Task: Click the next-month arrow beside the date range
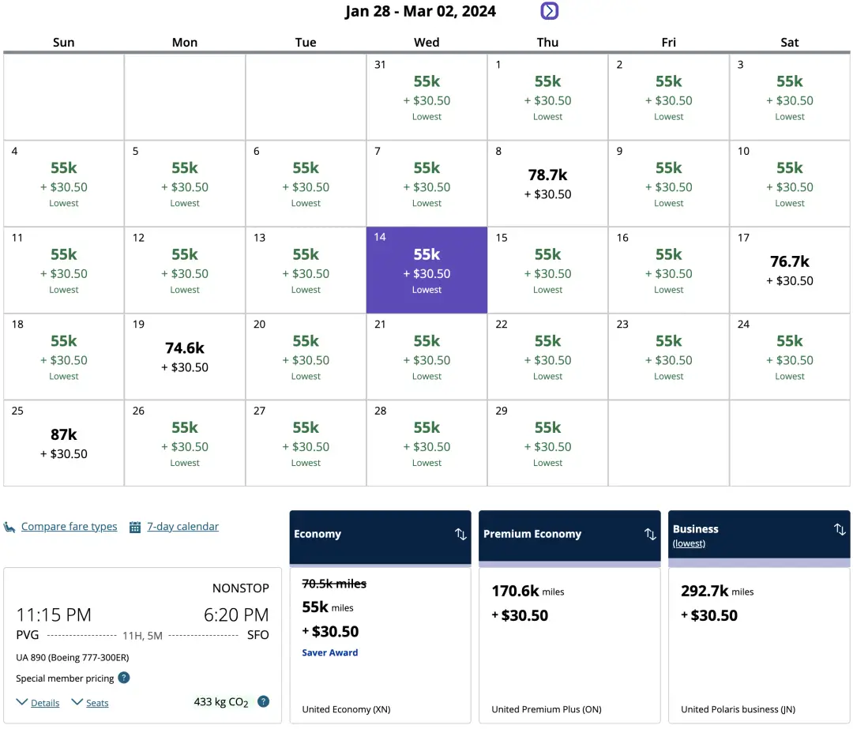click(x=550, y=11)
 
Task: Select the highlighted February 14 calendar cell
click(x=426, y=270)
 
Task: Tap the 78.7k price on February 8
click(x=547, y=175)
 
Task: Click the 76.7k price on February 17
click(x=790, y=261)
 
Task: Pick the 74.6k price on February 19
click(x=185, y=348)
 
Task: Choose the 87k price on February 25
click(x=64, y=434)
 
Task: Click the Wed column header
click(x=426, y=43)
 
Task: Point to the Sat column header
click(x=790, y=43)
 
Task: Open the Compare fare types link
click(x=69, y=527)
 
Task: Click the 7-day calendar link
click(x=182, y=527)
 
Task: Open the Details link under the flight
click(x=45, y=703)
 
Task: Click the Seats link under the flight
click(x=97, y=703)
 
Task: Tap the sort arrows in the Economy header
click(x=460, y=535)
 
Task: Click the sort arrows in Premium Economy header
click(x=650, y=535)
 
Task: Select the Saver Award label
click(x=330, y=653)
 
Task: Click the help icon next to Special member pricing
click(x=124, y=678)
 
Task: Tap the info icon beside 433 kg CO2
click(x=264, y=701)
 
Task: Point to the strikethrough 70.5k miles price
click(x=334, y=584)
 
